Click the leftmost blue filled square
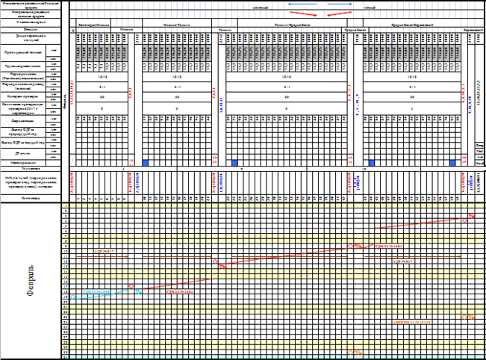pos(146,162)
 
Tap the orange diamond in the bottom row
pos(356,353)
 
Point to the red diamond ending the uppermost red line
pos(470,217)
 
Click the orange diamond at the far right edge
pos(467,317)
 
